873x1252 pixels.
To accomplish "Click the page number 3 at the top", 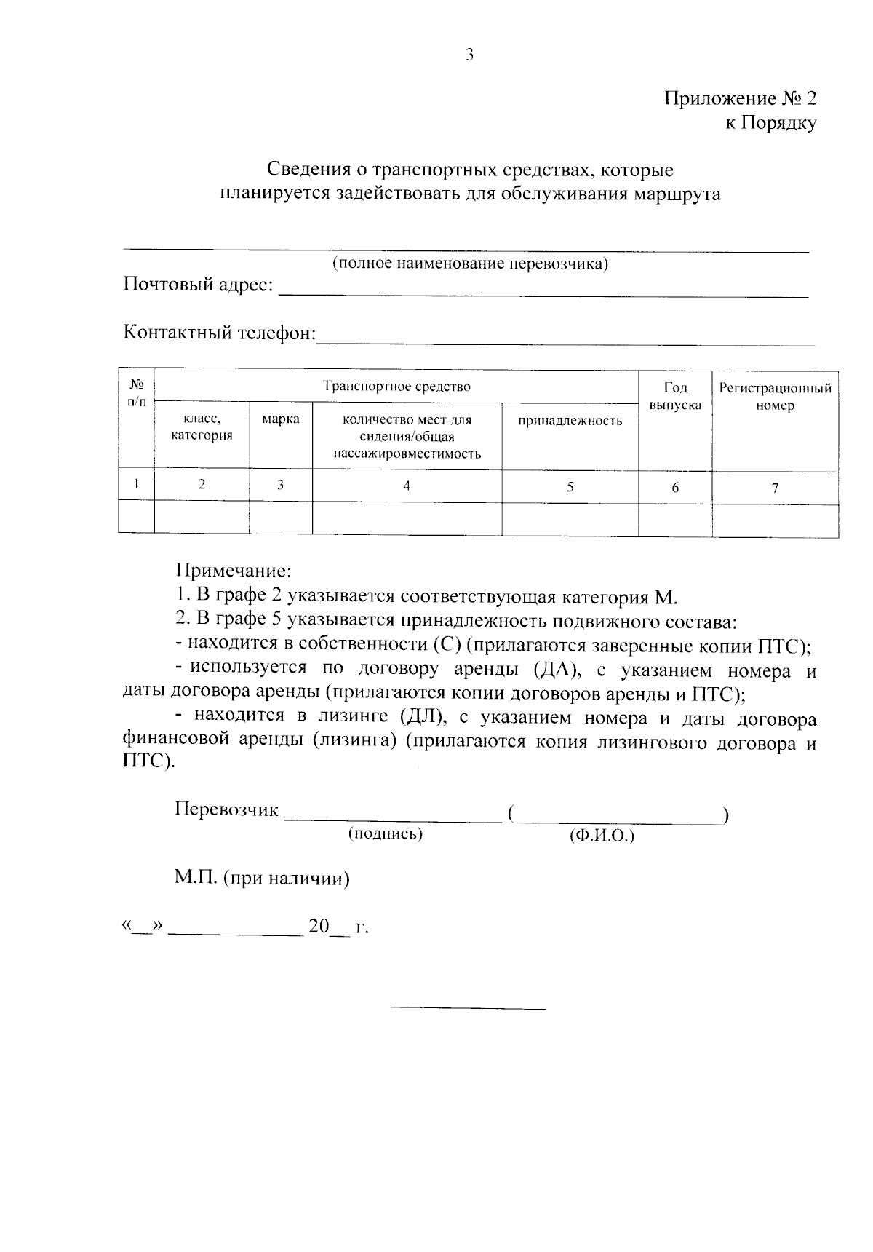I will point(469,55).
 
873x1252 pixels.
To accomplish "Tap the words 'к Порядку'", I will point(771,123).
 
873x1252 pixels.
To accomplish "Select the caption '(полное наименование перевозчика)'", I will point(469,264).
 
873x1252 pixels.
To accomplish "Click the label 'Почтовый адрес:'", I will point(198,285).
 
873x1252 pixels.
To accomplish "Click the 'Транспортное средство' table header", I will point(396,387).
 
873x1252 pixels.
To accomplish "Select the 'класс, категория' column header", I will point(202,427).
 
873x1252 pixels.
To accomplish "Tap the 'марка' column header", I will point(281,420).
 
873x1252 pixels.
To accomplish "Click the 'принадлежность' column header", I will point(570,421).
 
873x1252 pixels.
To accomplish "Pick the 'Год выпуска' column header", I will point(675,396).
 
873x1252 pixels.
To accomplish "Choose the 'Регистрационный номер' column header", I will point(775,397).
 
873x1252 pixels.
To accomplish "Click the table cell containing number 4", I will point(407,486).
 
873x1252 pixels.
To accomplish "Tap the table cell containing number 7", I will point(775,488).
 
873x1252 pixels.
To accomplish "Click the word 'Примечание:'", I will point(233,570).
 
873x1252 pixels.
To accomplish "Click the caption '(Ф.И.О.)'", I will point(602,836).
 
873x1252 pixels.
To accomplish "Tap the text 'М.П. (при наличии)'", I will point(262,879).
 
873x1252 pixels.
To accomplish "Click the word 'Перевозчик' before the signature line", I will point(226,809).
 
